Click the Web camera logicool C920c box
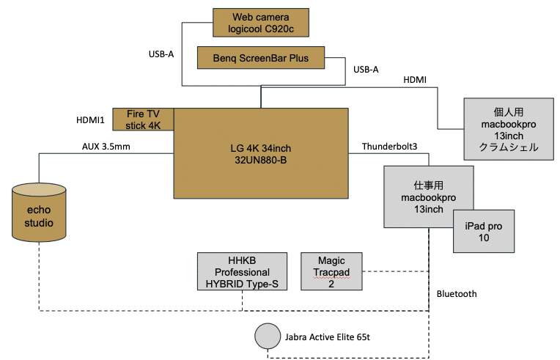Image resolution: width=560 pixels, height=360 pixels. click(261, 22)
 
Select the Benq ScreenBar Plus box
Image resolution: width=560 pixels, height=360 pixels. click(261, 58)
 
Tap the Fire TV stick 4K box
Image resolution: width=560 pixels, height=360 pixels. click(143, 120)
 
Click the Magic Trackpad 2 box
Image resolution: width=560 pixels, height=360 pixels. click(331, 271)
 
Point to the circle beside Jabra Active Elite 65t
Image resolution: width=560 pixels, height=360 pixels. click(266, 337)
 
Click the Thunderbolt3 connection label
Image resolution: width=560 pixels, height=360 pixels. click(389, 147)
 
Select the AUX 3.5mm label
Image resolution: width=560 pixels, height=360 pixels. click(107, 146)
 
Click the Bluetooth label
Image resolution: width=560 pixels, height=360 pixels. click(456, 294)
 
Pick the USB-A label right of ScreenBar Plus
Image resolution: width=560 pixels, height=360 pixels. click(366, 70)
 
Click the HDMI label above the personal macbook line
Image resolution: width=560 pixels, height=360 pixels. click(415, 79)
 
